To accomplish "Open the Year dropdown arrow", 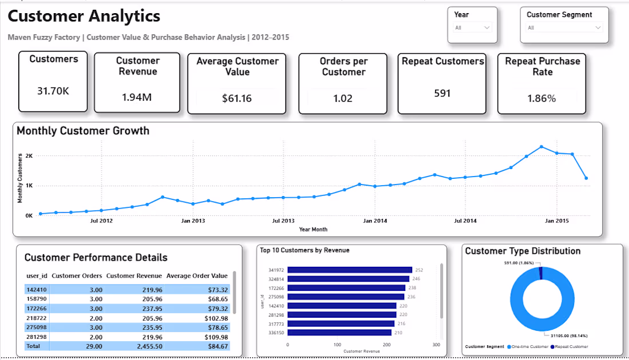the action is pos(487,27).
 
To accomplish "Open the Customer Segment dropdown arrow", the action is pos(598,27).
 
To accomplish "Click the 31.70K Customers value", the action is pos(53,91).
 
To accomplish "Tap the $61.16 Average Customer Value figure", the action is pos(237,98).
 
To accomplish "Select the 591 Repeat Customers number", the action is pos(442,93).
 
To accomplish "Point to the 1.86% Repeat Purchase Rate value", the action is pos(542,98).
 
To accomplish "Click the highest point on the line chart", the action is pos(542,147).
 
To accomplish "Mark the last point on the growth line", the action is pos(587,178).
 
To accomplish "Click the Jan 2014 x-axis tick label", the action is pos(375,221).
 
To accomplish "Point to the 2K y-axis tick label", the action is pos(29,156).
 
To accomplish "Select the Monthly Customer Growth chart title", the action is pos(83,131).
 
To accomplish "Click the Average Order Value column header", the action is pos(197,276).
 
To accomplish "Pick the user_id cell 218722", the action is pos(37,318).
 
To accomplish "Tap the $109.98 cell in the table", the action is pos(216,337).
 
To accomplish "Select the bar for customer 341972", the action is pos(350,270).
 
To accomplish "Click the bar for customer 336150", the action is pos(339,333).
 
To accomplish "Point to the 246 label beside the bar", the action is pos(416,279).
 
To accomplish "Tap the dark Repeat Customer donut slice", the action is pos(541,273).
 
